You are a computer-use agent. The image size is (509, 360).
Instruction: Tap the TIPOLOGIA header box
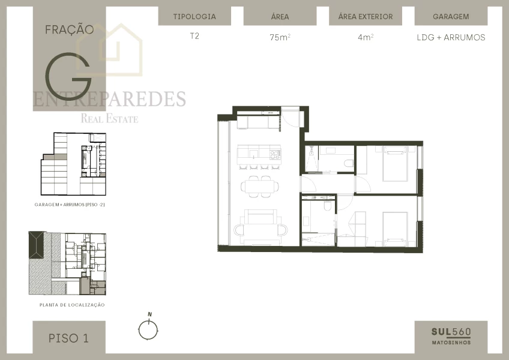[x=194, y=17]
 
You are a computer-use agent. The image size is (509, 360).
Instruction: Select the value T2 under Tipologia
[x=194, y=36]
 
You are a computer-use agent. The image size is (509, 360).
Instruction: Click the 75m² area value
[x=280, y=37]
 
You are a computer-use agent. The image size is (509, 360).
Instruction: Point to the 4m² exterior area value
[x=365, y=37]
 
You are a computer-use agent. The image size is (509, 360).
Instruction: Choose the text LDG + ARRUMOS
[x=451, y=37]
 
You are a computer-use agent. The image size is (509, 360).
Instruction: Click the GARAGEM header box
[x=451, y=17]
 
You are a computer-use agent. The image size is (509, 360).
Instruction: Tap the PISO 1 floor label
[x=68, y=338]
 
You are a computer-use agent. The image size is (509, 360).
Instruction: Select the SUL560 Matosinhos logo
[x=451, y=335]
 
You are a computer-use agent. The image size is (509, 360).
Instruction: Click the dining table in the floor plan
[x=261, y=187]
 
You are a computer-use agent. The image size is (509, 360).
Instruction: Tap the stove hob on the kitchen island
[x=275, y=154]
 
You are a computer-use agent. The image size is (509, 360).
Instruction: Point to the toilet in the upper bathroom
[x=348, y=163]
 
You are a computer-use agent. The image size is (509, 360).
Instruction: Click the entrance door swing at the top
[x=292, y=118]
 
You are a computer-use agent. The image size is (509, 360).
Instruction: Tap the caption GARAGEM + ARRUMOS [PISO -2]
[x=70, y=205]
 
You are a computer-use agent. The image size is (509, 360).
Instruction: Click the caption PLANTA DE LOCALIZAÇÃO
[x=72, y=305]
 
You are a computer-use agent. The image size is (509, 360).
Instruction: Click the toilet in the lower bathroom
[x=326, y=206]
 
